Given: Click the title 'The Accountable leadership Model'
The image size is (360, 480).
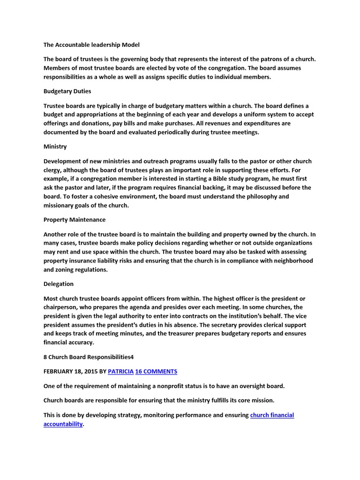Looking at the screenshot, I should tap(91, 45).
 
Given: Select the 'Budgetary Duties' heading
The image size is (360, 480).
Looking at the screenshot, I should tap(67, 91).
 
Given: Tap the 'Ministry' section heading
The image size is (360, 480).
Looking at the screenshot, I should tap(55, 147).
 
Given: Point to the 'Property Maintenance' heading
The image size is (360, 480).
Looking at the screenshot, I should tap(75, 219).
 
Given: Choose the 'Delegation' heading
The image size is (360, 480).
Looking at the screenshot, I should tap(59, 284).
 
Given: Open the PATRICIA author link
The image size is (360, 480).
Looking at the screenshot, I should tap(120, 371).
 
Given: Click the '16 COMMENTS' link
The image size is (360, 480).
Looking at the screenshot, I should tap(156, 371).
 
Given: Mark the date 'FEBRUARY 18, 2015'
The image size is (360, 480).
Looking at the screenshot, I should tap(70, 371).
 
